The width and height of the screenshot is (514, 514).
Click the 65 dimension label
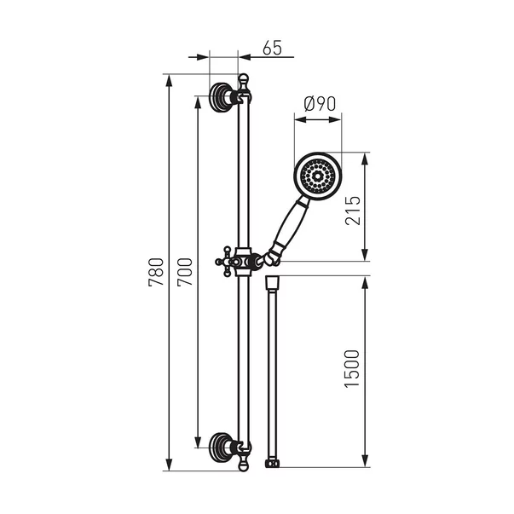tap(272, 48)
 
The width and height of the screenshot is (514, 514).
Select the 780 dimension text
tap(156, 273)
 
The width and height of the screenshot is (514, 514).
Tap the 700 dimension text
tap(185, 273)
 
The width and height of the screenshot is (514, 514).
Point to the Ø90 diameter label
tap(320, 104)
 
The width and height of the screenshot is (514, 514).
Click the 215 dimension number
tap(353, 211)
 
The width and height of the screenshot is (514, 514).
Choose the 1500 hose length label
tap(352, 369)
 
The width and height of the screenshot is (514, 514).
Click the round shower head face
tap(318, 176)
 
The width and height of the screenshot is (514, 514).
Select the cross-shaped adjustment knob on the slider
tap(226, 262)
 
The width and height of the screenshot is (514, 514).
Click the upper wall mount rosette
tap(219, 97)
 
